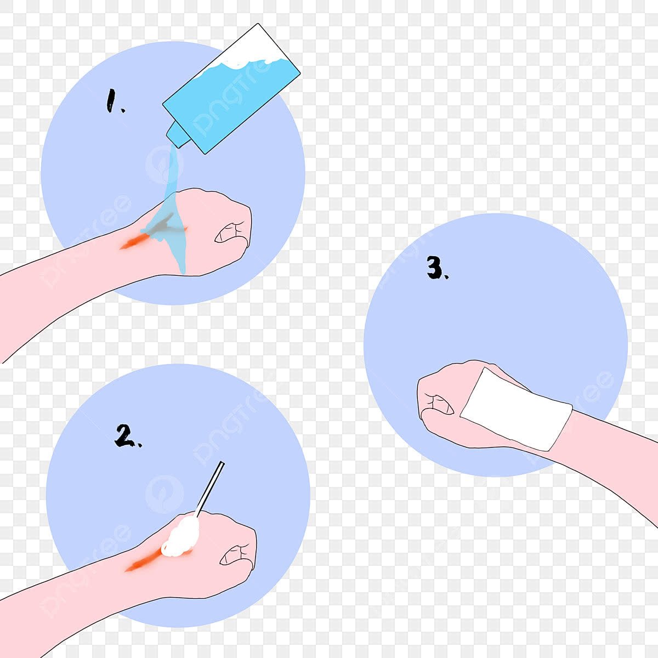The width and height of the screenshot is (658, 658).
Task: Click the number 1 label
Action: tap(115, 101)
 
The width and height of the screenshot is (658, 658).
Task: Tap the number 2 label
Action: tap(127, 436)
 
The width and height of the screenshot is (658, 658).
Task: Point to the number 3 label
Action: tap(437, 268)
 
